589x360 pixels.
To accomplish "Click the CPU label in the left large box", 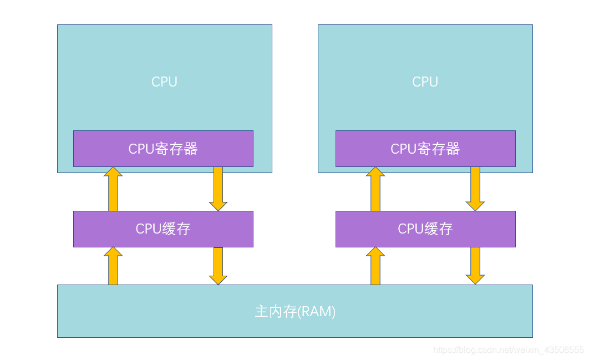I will (164, 82).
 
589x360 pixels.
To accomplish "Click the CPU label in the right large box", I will (425, 82).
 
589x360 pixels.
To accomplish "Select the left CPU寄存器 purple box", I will (163, 149).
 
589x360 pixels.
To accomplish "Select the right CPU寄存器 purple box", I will (425, 149).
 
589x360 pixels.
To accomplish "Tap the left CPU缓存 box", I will (163, 229).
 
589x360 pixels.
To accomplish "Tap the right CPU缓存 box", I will (425, 229).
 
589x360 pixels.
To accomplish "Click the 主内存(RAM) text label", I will (295, 312).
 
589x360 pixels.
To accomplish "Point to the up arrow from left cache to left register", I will (113, 189).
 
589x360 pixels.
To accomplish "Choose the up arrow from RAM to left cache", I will (113, 266).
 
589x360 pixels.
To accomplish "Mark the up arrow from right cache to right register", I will (375, 189).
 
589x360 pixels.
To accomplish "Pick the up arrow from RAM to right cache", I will (375, 266).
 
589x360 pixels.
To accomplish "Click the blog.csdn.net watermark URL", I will (508, 350).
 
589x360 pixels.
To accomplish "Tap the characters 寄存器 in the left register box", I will (180, 149).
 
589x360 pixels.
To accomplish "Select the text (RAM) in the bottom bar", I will (317, 312).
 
